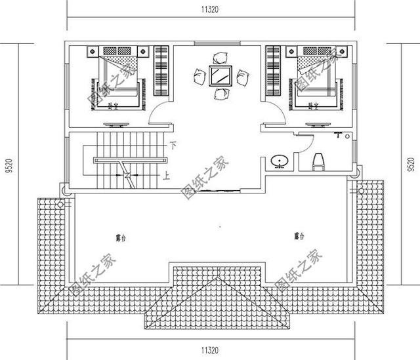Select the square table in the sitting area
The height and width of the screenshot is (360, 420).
[219, 76]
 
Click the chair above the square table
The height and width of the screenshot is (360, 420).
[219, 56]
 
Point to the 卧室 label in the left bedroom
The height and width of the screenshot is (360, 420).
[115, 106]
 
